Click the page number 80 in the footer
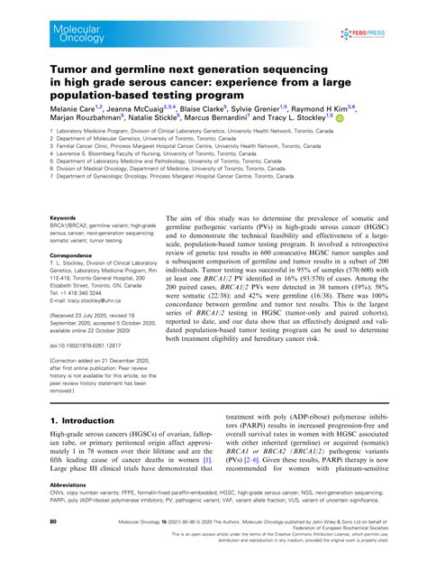[x=53, y=521]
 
